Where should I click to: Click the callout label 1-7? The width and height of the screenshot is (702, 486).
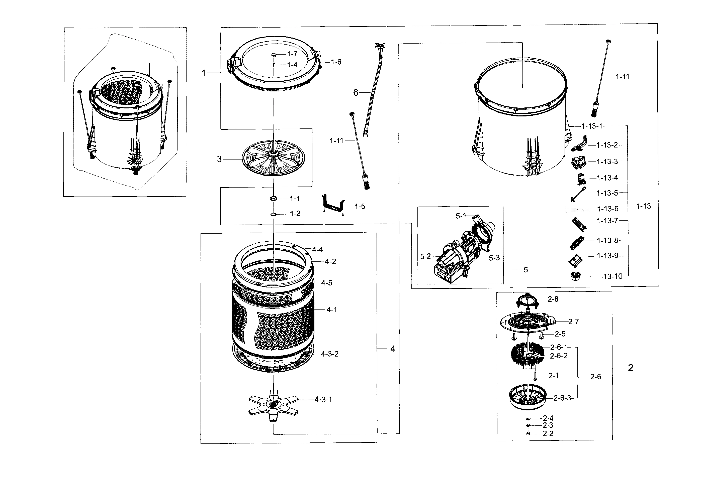(x=292, y=54)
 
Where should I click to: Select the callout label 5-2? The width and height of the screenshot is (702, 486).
(x=425, y=257)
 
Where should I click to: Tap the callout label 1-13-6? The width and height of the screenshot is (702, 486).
(x=607, y=209)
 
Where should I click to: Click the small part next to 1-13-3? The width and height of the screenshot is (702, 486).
(x=579, y=162)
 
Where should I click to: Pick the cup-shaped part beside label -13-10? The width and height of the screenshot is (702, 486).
(x=575, y=276)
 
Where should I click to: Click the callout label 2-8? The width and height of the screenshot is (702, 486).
(x=553, y=299)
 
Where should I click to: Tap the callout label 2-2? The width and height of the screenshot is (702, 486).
(x=548, y=434)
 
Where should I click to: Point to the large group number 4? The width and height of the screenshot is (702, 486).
(x=393, y=349)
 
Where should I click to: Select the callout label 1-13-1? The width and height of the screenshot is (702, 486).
(x=592, y=126)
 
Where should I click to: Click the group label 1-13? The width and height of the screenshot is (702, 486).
(x=644, y=206)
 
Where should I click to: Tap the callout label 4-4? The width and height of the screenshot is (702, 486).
(x=317, y=250)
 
